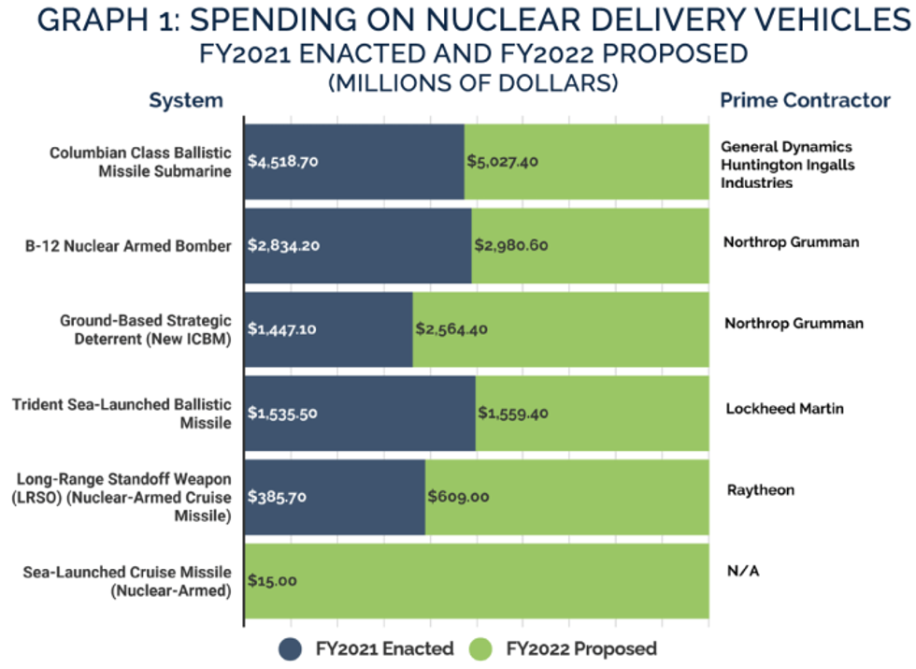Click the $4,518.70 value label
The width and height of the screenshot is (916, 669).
pyautogui.click(x=284, y=161)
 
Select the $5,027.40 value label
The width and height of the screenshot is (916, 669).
pyautogui.click(x=503, y=161)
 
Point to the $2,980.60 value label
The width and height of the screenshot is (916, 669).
pyautogui.click(x=510, y=246)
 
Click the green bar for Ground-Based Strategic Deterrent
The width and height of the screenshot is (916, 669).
pyautogui.click(x=561, y=329)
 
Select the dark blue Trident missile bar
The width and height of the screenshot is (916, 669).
pyautogui.click(x=359, y=413)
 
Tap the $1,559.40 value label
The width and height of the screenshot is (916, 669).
pyautogui.click(x=514, y=413)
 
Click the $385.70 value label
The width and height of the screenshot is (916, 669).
pyautogui.click(x=278, y=497)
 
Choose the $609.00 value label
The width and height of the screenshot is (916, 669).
pyautogui.click(x=458, y=497)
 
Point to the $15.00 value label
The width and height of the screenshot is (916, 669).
pyautogui.click(x=273, y=580)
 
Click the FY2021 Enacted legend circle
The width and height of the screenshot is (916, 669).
pyautogui.click(x=291, y=648)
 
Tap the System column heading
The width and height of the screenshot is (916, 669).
pyautogui.click(x=186, y=100)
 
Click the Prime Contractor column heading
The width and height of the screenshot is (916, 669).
pyautogui.click(x=805, y=100)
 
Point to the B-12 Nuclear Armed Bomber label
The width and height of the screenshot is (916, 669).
pyautogui.click(x=128, y=246)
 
